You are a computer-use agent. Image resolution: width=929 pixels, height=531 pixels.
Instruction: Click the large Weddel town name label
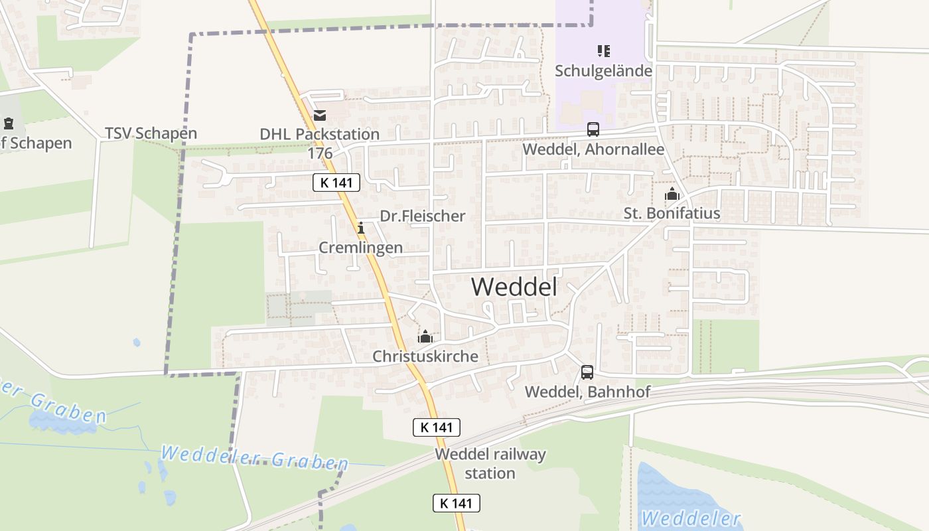(x=514, y=287)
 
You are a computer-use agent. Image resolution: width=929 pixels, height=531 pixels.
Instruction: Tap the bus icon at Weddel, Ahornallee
(x=593, y=129)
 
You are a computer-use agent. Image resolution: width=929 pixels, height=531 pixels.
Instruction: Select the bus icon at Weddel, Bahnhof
(x=587, y=372)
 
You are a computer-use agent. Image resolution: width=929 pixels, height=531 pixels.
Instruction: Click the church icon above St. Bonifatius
(x=672, y=194)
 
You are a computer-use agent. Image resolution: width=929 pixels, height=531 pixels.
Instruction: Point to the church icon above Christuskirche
(x=425, y=337)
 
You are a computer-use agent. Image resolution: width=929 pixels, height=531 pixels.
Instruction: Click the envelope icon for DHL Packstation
(x=320, y=115)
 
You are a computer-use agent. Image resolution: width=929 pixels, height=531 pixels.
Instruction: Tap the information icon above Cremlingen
(x=361, y=228)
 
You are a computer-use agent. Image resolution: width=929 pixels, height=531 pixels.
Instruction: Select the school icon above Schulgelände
(x=603, y=50)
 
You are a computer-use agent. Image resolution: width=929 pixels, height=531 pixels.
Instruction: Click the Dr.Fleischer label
(x=423, y=216)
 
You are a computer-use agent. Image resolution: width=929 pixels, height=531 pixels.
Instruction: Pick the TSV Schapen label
(x=151, y=133)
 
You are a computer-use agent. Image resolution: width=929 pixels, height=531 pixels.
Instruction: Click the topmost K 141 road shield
(x=336, y=183)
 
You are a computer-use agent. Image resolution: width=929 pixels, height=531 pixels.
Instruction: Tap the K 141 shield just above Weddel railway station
(x=437, y=427)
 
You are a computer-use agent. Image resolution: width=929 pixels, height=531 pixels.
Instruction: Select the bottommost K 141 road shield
(x=457, y=503)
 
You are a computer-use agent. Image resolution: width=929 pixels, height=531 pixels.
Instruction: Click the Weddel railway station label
(x=490, y=464)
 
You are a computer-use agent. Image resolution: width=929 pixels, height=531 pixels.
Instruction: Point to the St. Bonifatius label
(x=672, y=214)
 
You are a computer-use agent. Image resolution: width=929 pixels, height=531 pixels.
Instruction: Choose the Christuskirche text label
(x=425, y=356)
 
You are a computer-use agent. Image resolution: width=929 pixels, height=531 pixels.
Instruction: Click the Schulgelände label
(x=603, y=70)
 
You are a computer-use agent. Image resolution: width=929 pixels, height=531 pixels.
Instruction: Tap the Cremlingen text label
(x=361, y=248)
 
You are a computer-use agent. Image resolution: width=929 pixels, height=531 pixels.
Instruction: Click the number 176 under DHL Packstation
(x=320, y=153)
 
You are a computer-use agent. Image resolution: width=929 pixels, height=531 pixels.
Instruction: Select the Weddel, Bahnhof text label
(x=587, y=392)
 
